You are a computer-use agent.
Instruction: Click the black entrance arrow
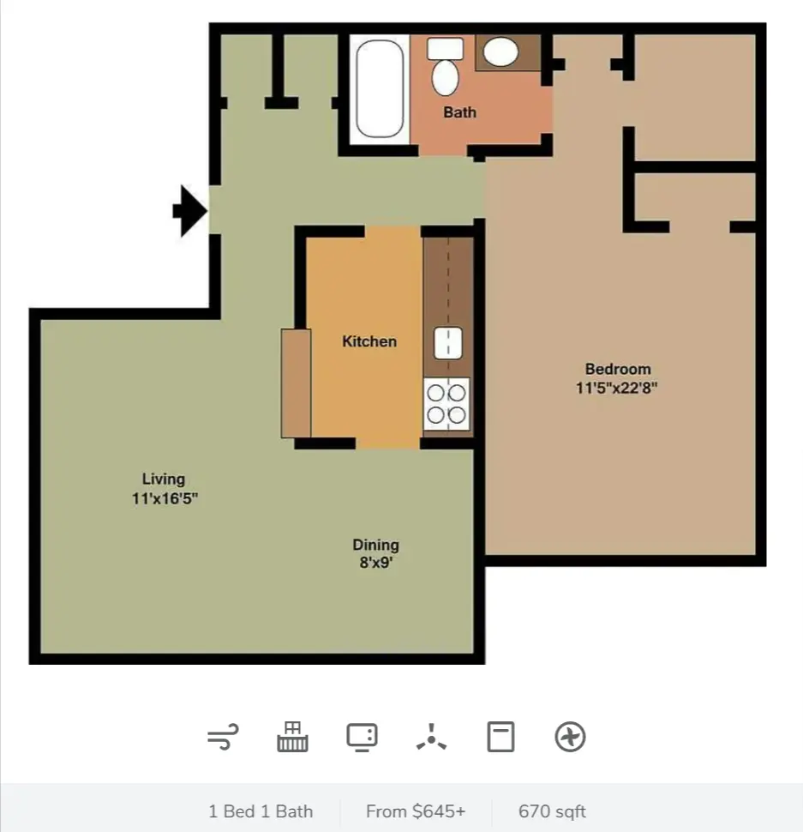[x=189, y=211]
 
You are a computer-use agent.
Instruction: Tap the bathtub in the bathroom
[x=379, y=89]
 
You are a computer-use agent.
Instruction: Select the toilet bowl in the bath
[x=445, y=77]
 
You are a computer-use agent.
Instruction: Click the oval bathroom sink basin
[x=500, y=51]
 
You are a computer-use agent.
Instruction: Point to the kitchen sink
[x=448, y=343]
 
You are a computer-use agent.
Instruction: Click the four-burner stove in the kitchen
[x=446, y=404]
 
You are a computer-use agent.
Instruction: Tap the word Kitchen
[x=369, y=341]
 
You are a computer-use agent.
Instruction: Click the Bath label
[x=459, y=112]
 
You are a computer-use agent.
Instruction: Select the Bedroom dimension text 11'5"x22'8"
[x=616, y=388]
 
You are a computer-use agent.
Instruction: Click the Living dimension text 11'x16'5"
[x=165, y=498]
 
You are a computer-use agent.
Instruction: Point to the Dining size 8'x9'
[x=376, y=562]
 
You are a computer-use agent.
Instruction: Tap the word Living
[x=163, y=479]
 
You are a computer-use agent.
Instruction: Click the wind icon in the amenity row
[x=223, y=737]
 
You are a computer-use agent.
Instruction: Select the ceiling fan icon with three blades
[x=431, y=738]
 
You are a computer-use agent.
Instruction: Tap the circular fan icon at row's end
[x=570, y=737]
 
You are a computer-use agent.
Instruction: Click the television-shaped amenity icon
[x=362, y=737]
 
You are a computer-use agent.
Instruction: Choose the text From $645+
[x=416, y=811]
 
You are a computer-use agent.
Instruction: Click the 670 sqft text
[x=552, y=811]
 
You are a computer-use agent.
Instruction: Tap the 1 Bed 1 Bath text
[x=261, y=811]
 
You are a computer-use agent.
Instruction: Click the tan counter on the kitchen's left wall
[x=296, y=383]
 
